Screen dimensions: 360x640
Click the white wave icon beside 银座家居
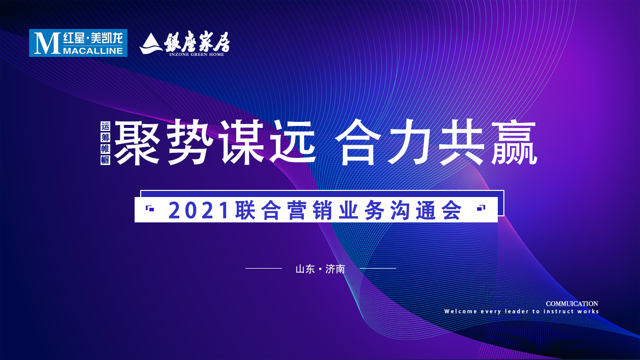coord(150,44)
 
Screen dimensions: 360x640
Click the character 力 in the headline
coord(411,143)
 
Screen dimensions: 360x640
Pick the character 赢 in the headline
coord(513,143)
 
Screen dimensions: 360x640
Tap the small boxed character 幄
coord(106,159)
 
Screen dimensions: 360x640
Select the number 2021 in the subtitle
coord(199,211)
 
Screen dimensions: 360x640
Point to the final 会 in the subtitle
coord(452,211)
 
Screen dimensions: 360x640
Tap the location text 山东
coord(305,269)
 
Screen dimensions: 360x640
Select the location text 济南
coord(335,269)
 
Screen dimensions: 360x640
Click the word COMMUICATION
coord(572,304)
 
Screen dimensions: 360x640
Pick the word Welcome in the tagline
coord(460,311)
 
